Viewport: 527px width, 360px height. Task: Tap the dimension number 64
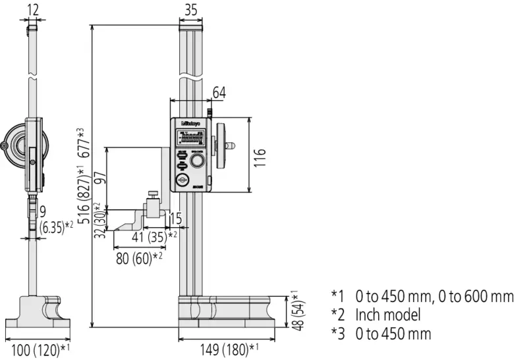tap(219, 93)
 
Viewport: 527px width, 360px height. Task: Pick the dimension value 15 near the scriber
tap(176, 218)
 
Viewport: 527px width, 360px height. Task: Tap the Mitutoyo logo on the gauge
tap(190, 122)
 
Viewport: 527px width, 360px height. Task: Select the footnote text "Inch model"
tap(387, 315)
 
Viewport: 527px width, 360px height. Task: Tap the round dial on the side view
tap(14, 143)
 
